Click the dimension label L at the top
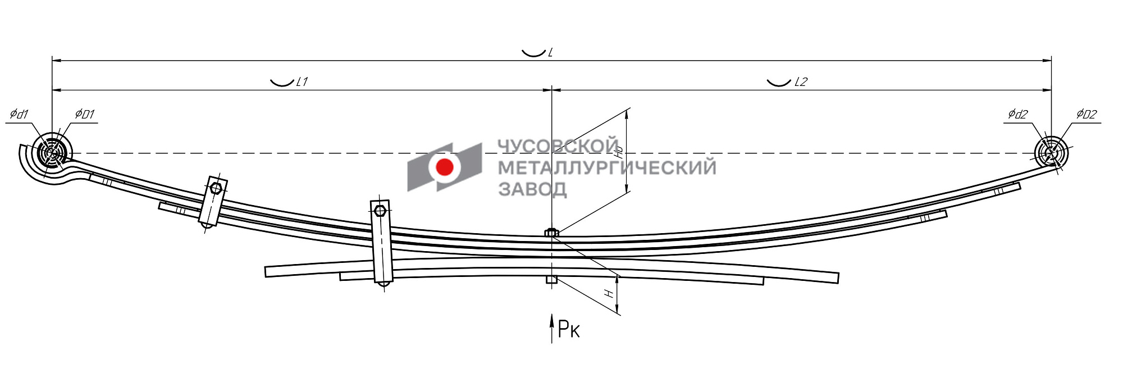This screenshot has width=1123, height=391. coord(550,52)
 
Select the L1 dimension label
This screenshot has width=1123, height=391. coord(302,82)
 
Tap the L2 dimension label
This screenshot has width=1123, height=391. coord(800,82)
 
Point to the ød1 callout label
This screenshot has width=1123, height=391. coord(19,115)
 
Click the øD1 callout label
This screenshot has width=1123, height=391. coord(85,115)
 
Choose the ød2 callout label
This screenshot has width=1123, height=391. coord(1017,115)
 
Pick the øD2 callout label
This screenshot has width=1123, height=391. coord(1086,115)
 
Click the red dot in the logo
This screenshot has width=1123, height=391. coord(445,167)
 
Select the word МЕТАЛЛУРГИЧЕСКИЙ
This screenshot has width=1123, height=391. coord(606,167)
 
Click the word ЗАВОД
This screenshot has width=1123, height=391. coord(532,189)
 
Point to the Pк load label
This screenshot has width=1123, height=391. coord(568,329)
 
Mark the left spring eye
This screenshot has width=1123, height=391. coord(52,152)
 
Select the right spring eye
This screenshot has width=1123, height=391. coord(1051,152)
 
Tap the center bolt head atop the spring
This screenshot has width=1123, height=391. coord(551,232)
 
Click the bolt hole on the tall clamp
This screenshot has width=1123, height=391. coord(380,211)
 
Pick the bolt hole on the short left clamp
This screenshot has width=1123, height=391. coord(216,188)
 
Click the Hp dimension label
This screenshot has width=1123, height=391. coord(619,152)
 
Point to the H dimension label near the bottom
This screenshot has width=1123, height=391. coord(609,293)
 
